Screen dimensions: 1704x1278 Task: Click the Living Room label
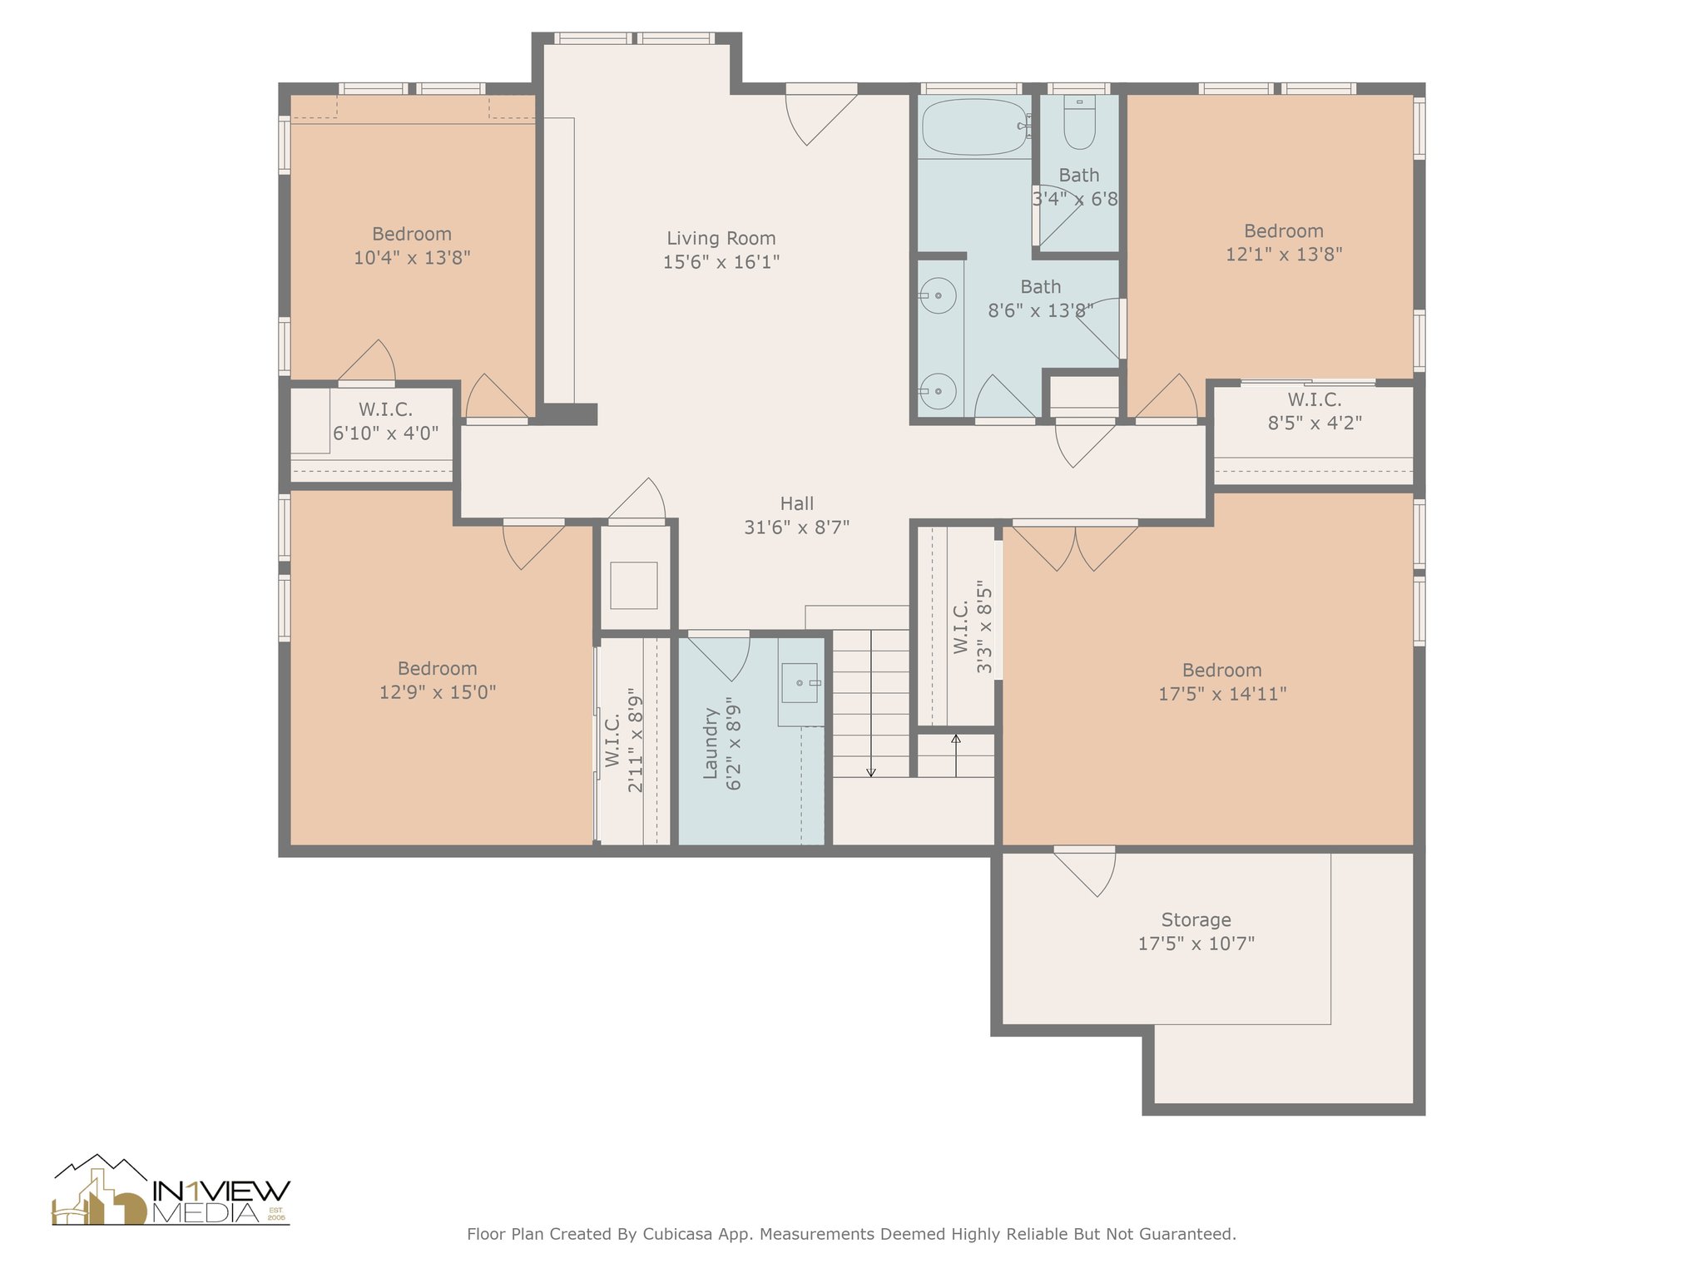pyautogui.click(x=721, y=239)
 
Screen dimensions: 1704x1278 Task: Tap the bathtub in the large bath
pyautogui.click(x=974, y=126)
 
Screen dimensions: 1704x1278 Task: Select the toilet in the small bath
pyautogui.click(x=1079, y=123)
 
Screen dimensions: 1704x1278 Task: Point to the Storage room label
pyautogui.click(x=1196, y=919)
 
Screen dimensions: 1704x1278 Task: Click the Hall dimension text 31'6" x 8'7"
pyautogui.click(x=796, y=527)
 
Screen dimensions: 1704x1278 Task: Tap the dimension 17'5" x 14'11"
pyautogui.click(x=1222, y=693)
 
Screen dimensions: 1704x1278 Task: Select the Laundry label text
pyautogui.click(x=710, y=743)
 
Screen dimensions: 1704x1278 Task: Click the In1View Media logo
pyautogui.click(x=171, y=1191)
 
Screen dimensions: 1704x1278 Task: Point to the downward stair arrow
pyautogui.click(x=871, y=704)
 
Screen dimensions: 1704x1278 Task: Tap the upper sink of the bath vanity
pyautogui.click(x=939, y=295)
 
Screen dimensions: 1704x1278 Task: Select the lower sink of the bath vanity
pyautogui.click(x=939, y=390)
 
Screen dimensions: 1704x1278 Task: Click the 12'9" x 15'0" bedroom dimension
pyautogui.click(x=438, y=691)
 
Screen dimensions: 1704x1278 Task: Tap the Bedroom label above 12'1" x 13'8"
pyautogui.click(x=1283, y=230)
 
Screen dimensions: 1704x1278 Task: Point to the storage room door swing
pyautogui.click(x=1085, y=874)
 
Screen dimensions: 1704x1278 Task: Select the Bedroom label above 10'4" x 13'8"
pyautogui.click(x=412, y=234)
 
